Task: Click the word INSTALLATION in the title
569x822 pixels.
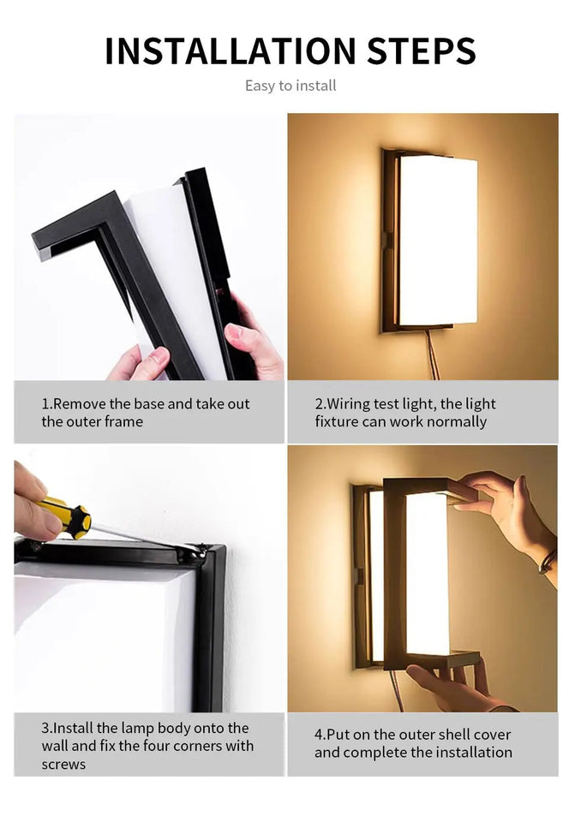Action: click(231, 51)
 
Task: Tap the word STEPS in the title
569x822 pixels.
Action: click(421, 51)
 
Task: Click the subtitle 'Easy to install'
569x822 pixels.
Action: click(290, 86)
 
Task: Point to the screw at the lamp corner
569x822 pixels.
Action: click(201, 551)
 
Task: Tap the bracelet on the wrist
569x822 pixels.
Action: click(547, 560)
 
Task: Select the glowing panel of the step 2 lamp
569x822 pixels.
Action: click(439, 240)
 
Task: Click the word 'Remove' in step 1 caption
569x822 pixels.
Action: click(80, 403)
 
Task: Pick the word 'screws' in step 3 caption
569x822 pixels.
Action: click(63, 765)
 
